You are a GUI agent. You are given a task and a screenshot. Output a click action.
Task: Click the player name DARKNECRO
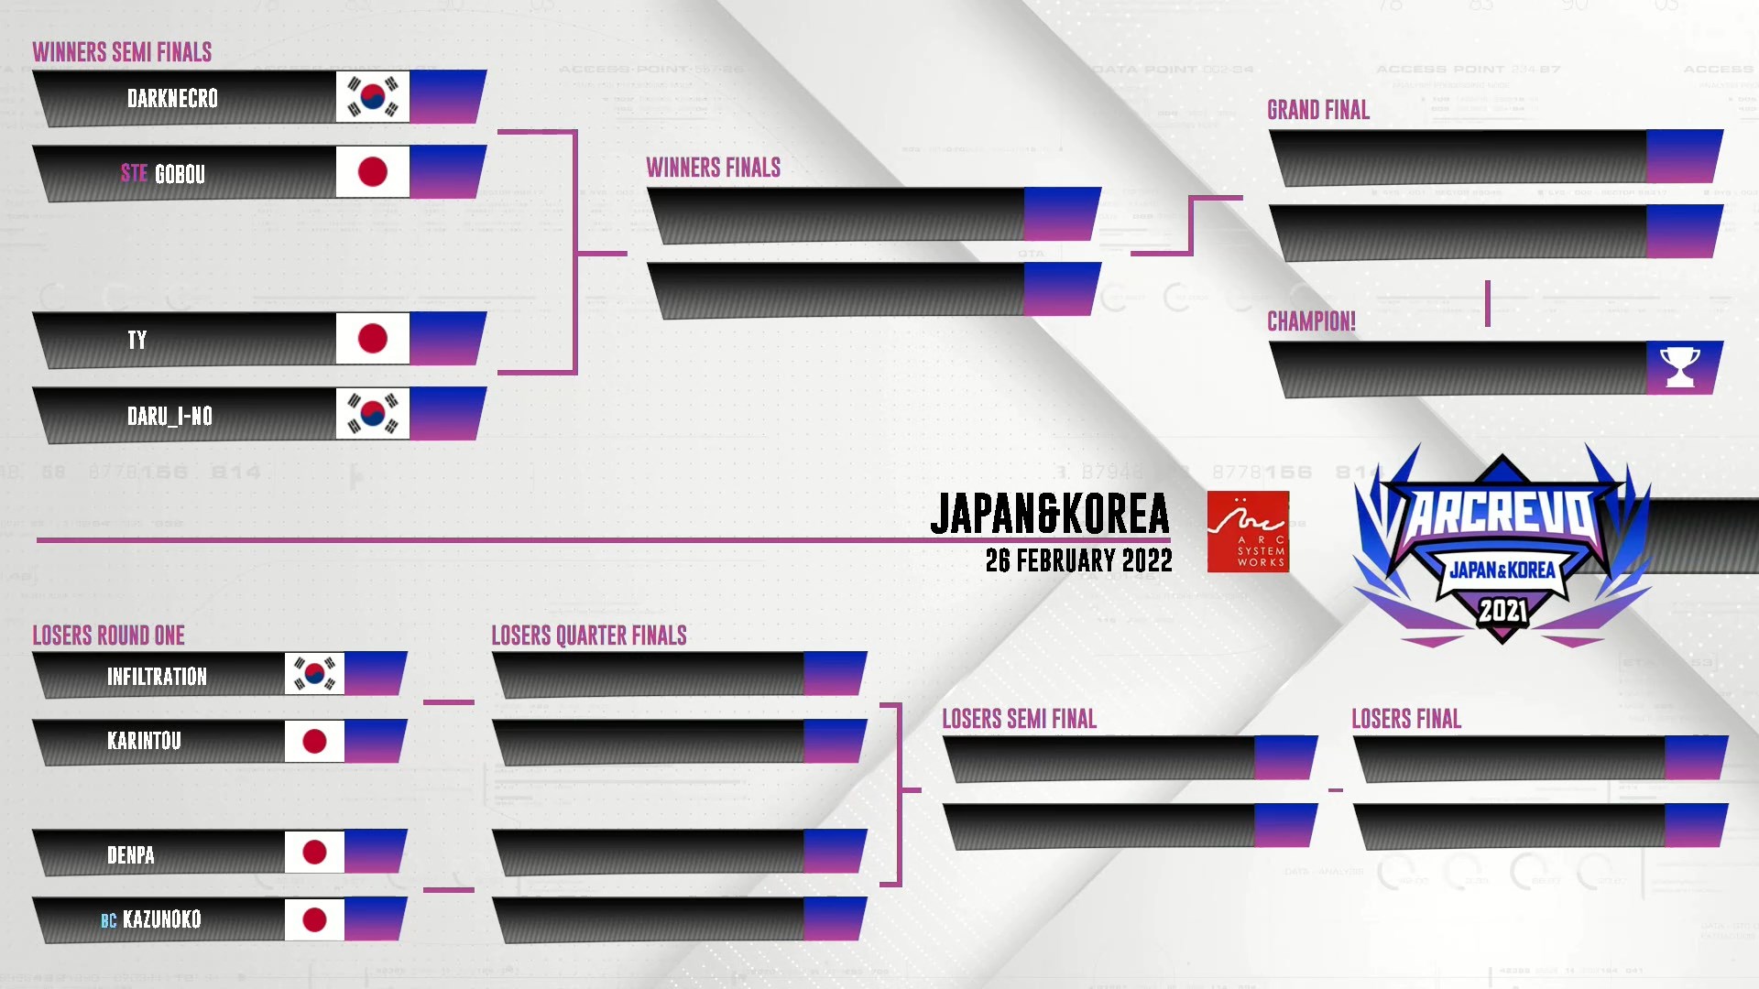[x=172, y=98]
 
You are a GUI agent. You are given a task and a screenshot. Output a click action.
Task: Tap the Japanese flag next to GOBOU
[x=372, y=171]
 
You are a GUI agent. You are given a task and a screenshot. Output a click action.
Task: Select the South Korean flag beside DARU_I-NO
[x=372, y=414]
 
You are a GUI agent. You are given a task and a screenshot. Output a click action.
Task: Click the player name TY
[x=137, y=340]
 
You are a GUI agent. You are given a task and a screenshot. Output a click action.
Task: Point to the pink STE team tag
[x=134, y=173]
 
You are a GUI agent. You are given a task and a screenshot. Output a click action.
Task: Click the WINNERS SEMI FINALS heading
[x=122, y=52]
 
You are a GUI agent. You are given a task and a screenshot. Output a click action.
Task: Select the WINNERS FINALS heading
[x=713, y=168]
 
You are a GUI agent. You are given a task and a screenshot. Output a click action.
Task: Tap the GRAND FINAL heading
[x=1318, y=110]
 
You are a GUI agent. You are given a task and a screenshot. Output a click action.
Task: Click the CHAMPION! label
[x=1311, y=321]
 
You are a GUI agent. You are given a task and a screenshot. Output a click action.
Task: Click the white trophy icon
[x=1680, y=367]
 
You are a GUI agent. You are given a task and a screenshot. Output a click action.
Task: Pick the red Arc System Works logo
[x=1248, y=532]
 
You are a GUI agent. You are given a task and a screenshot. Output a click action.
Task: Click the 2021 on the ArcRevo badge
[x=1502, y=610]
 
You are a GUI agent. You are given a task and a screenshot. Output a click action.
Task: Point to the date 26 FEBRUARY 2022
[x=1078, y=560]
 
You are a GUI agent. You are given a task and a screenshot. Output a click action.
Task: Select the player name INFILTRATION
[x=157, y=677]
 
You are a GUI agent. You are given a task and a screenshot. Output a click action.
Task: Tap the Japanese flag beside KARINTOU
[x=314, y=741]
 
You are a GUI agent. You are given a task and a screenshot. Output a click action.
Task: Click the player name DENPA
[x=131, y=855]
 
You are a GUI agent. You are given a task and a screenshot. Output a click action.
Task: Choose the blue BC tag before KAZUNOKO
[x=109, y=920]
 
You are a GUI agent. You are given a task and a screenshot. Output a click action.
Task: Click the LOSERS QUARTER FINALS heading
[x=589, y=636]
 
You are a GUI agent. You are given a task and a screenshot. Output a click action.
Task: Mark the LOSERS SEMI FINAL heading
[x=1019, y=719]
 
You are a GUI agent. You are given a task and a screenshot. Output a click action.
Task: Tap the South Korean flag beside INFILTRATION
[x=314, y=674]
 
